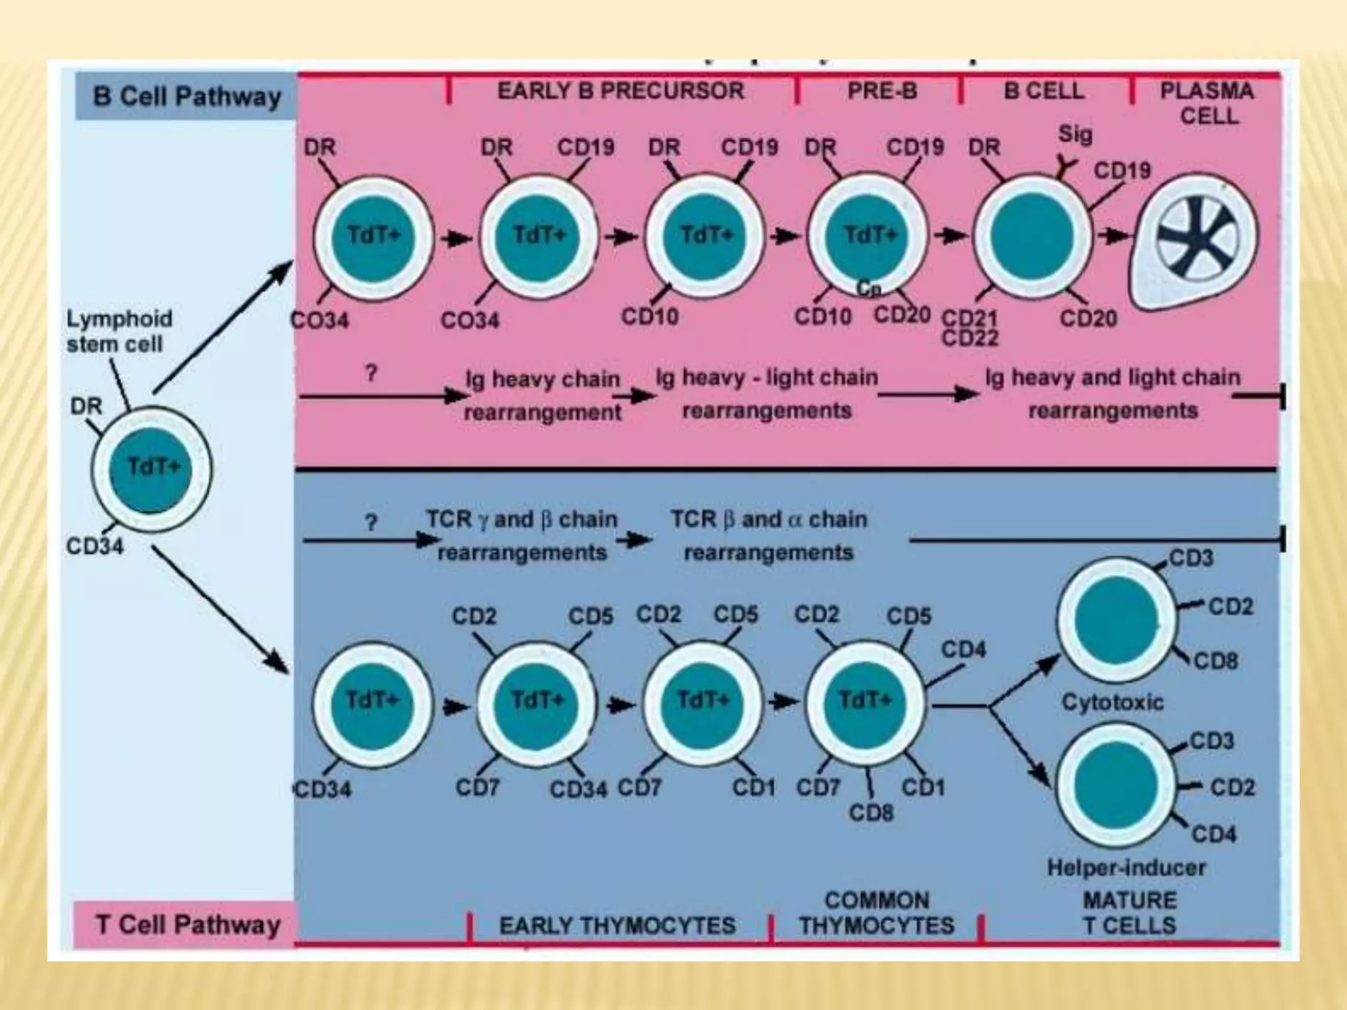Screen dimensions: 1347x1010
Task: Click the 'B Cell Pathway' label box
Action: point(186,97)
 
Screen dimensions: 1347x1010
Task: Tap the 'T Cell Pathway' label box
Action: point(188,925)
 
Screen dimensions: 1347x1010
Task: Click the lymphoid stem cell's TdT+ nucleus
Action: point(151,469)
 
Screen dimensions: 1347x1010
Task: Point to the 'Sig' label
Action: point(1075,134)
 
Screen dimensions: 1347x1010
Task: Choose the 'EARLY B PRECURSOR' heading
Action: point(620,91)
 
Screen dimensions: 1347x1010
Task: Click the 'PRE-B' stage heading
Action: point(881,91)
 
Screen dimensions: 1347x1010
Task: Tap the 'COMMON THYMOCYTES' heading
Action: point(877,913)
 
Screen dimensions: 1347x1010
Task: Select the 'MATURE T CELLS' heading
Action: point(1129,913)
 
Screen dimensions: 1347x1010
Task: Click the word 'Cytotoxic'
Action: point(1112,702)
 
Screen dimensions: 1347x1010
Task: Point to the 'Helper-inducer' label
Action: point(1126,867)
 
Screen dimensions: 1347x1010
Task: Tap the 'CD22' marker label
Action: point(970,338)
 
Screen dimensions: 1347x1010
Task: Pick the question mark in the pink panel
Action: point(372,373)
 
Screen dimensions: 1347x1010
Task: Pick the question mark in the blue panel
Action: point(372,523)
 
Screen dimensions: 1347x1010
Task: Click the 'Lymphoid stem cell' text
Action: point(118,331)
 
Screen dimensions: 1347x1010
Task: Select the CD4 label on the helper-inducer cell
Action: point(1213,834)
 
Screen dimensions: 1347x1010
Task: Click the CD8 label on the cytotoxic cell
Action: point(1215,660)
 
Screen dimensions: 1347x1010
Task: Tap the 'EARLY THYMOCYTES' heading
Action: point(617,926)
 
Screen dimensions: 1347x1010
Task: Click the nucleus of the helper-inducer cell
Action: point(1115,784)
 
